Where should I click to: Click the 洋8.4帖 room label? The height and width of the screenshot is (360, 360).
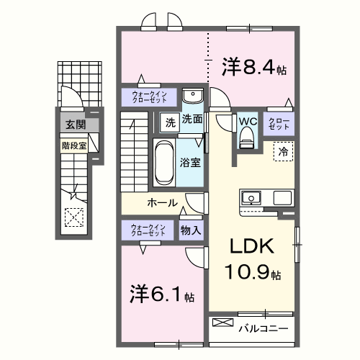[254, 69]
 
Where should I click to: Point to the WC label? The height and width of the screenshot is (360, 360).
[247, 120]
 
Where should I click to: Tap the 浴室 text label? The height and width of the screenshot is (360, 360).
[191, 163]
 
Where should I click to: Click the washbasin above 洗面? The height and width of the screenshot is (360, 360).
[192, 97]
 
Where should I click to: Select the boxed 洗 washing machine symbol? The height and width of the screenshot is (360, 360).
[170, 122]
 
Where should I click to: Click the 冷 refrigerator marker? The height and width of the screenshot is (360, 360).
[283, 152]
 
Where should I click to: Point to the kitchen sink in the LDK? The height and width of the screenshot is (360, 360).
[253, 197]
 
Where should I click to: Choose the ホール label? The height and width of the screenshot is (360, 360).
[163, 203]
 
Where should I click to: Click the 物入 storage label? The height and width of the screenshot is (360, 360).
[191, 230]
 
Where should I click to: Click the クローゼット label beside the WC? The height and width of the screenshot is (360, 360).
[279, 122]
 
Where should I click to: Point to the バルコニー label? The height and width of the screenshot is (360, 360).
[264, 328]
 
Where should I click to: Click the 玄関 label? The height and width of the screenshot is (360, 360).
[74, 125]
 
